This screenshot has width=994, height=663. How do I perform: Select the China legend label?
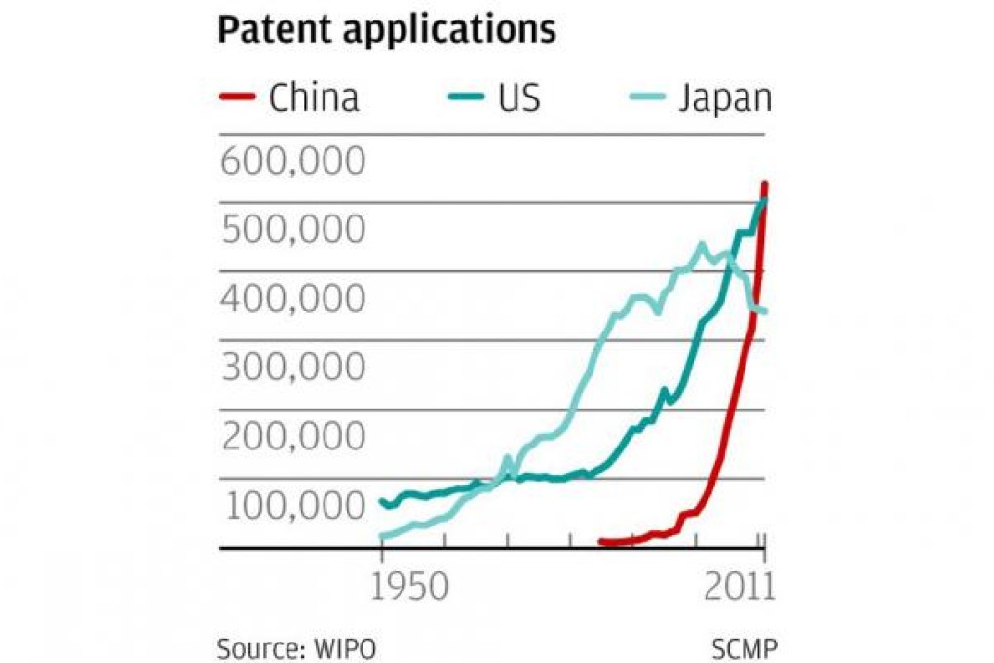(314, 97)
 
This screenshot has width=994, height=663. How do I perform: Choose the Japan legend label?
(725, 97)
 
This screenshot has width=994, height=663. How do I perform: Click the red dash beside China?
(238, 97)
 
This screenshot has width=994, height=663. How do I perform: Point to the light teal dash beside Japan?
(652, 97)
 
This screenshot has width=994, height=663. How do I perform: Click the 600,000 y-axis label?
(292, 160)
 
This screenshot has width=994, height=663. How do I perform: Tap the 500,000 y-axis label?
(292, 229)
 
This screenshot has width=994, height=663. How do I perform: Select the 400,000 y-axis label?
(292, 298)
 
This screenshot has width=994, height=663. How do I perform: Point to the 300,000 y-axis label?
(292, 368)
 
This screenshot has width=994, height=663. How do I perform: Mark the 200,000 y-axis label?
(292, 437)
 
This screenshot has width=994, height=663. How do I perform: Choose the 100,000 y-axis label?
(292, 506)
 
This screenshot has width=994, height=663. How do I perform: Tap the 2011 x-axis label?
(738, 588)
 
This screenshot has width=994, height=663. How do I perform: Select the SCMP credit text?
(745, 648)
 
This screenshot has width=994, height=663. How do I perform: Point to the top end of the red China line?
(765, 184)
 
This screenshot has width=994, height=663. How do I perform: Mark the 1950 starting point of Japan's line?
(382, 536)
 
